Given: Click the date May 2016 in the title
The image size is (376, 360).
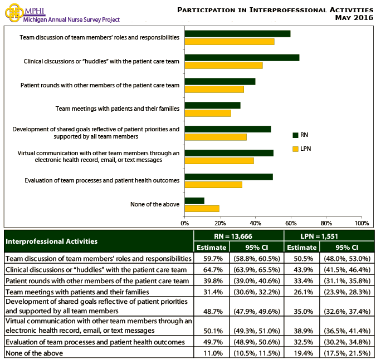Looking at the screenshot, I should click(354, 18).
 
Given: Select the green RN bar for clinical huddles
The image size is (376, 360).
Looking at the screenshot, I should click(242, 57).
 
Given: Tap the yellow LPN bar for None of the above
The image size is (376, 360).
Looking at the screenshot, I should click(202, 209).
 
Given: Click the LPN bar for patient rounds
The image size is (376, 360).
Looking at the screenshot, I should click(214, 89).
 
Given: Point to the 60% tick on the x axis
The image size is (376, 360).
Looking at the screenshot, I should click(291, 224).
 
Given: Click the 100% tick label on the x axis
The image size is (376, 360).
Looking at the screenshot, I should click(362, 224).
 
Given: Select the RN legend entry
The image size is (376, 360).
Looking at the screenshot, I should click(300, 135).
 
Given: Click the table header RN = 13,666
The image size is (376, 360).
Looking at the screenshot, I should click(238, 236).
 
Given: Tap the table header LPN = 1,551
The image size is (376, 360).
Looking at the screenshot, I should click(329, 236).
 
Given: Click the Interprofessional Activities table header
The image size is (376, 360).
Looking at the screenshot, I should click(51, 241).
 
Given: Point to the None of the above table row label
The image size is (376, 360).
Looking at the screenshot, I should click(33, 353).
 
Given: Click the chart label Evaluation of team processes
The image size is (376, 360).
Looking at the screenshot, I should click(102, 180).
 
